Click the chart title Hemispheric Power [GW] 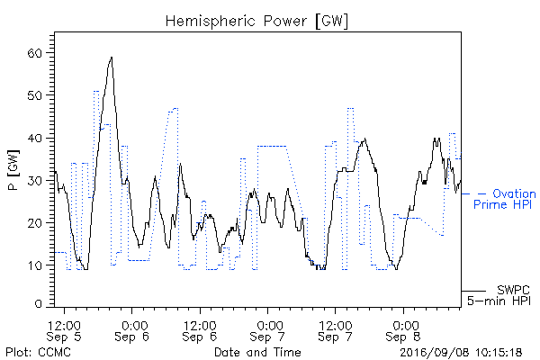(x=256, y=22)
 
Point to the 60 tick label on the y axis (x=34, y=53)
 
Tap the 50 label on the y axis (x=34, y=95)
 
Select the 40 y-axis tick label (x=34, y=138)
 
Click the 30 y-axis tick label (x=34, y=181)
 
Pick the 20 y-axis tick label (x=34, y=223)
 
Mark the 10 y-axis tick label (x=34, y=265)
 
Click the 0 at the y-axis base (x=39, y=304)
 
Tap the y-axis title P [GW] (x=13, y=170)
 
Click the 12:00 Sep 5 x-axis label (x=64, y=331)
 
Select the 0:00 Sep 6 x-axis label (x=132, y=331)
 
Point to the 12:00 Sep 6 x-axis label (x=200, y=331)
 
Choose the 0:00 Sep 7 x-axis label (x=267, y=331)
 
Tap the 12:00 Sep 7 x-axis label (x=336, y=331)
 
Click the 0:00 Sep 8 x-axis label (x=403, y=331)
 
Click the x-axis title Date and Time (x=257, y=353)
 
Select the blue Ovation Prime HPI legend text (x=505, y=199)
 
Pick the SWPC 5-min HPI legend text (x=499, y=295)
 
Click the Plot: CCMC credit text (x=38, y=353)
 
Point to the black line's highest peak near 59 (x=112, y=58)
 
